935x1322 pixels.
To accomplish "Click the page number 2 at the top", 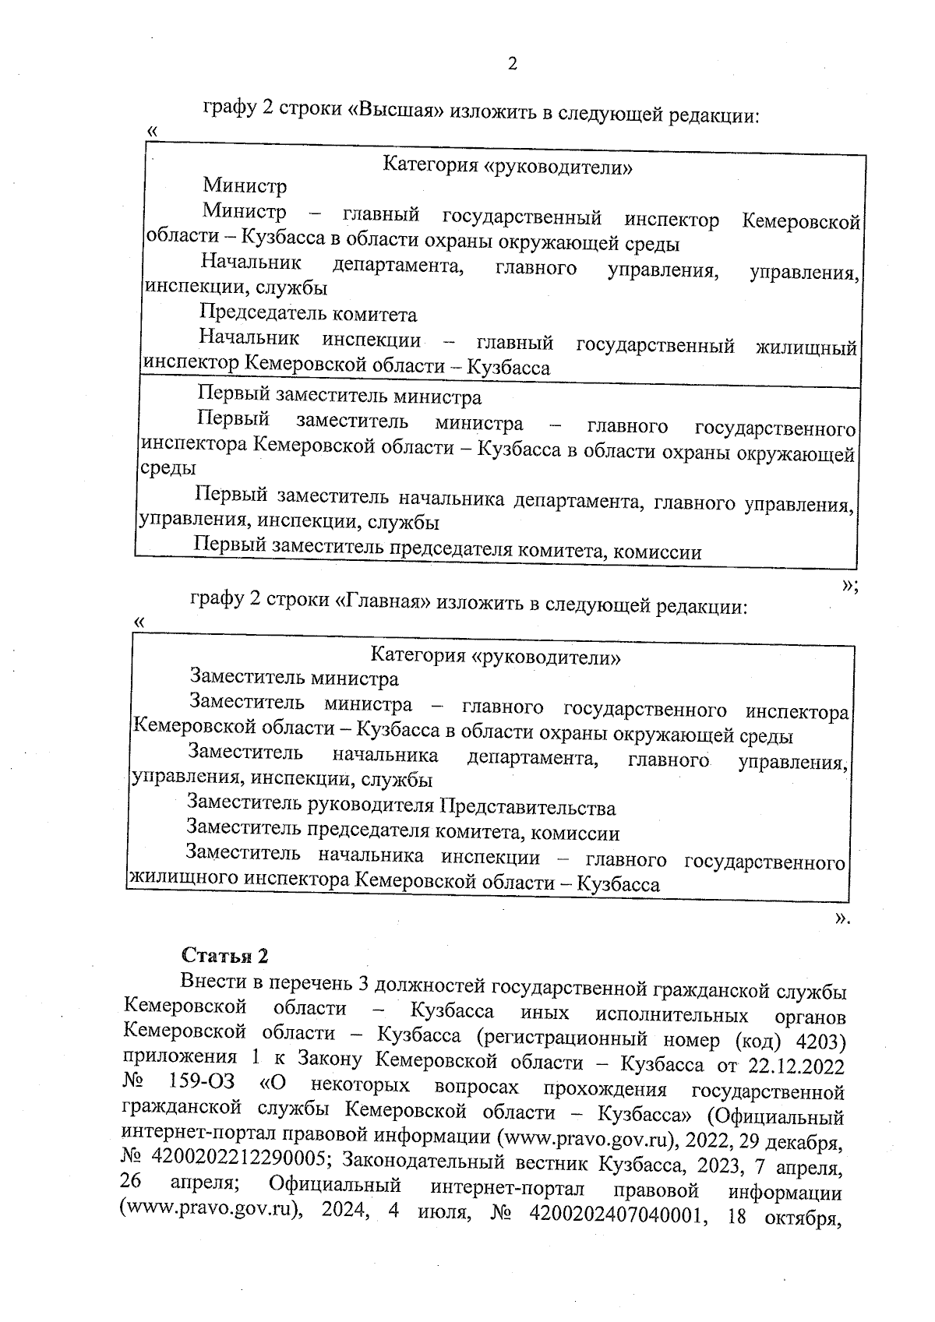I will [512, 64].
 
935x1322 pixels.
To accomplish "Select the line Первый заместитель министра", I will [340, 397].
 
